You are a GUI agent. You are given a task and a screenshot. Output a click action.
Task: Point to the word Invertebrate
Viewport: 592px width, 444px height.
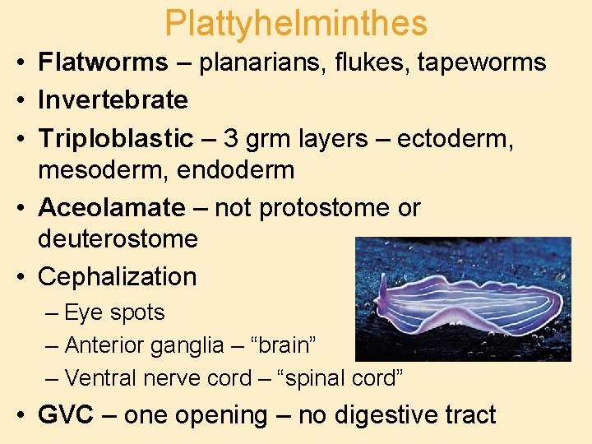coord(113,100)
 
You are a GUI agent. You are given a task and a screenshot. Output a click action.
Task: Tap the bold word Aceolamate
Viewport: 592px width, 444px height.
coord(112,208)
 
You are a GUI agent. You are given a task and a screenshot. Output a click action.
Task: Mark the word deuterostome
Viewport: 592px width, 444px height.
coord(118,238)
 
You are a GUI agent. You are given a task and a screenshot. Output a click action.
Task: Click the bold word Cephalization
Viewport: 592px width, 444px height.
coord(118,276)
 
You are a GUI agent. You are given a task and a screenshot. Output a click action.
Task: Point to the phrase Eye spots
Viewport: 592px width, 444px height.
coord(114,313)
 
